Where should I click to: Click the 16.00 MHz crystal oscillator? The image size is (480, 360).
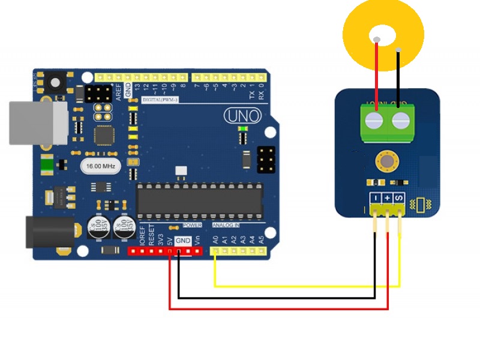pyautogui.click(x=101, y=165)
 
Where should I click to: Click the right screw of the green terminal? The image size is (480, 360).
pyautogui.click(x=400, y=121)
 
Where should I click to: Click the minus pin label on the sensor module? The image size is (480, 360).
pyautogui.click(x=374, y=197)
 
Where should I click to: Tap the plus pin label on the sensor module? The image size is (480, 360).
pyautogui.click(x=387, y=197)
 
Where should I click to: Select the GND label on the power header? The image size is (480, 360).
pyautogui.click(x=183, y=240)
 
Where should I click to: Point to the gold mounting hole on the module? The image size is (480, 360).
pyautogui.click(x=385, y=161)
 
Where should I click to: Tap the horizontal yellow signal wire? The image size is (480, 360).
pyautogui.click(x=306, y=286)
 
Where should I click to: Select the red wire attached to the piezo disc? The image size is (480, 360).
pyautogui.click(x=377, y=72)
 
